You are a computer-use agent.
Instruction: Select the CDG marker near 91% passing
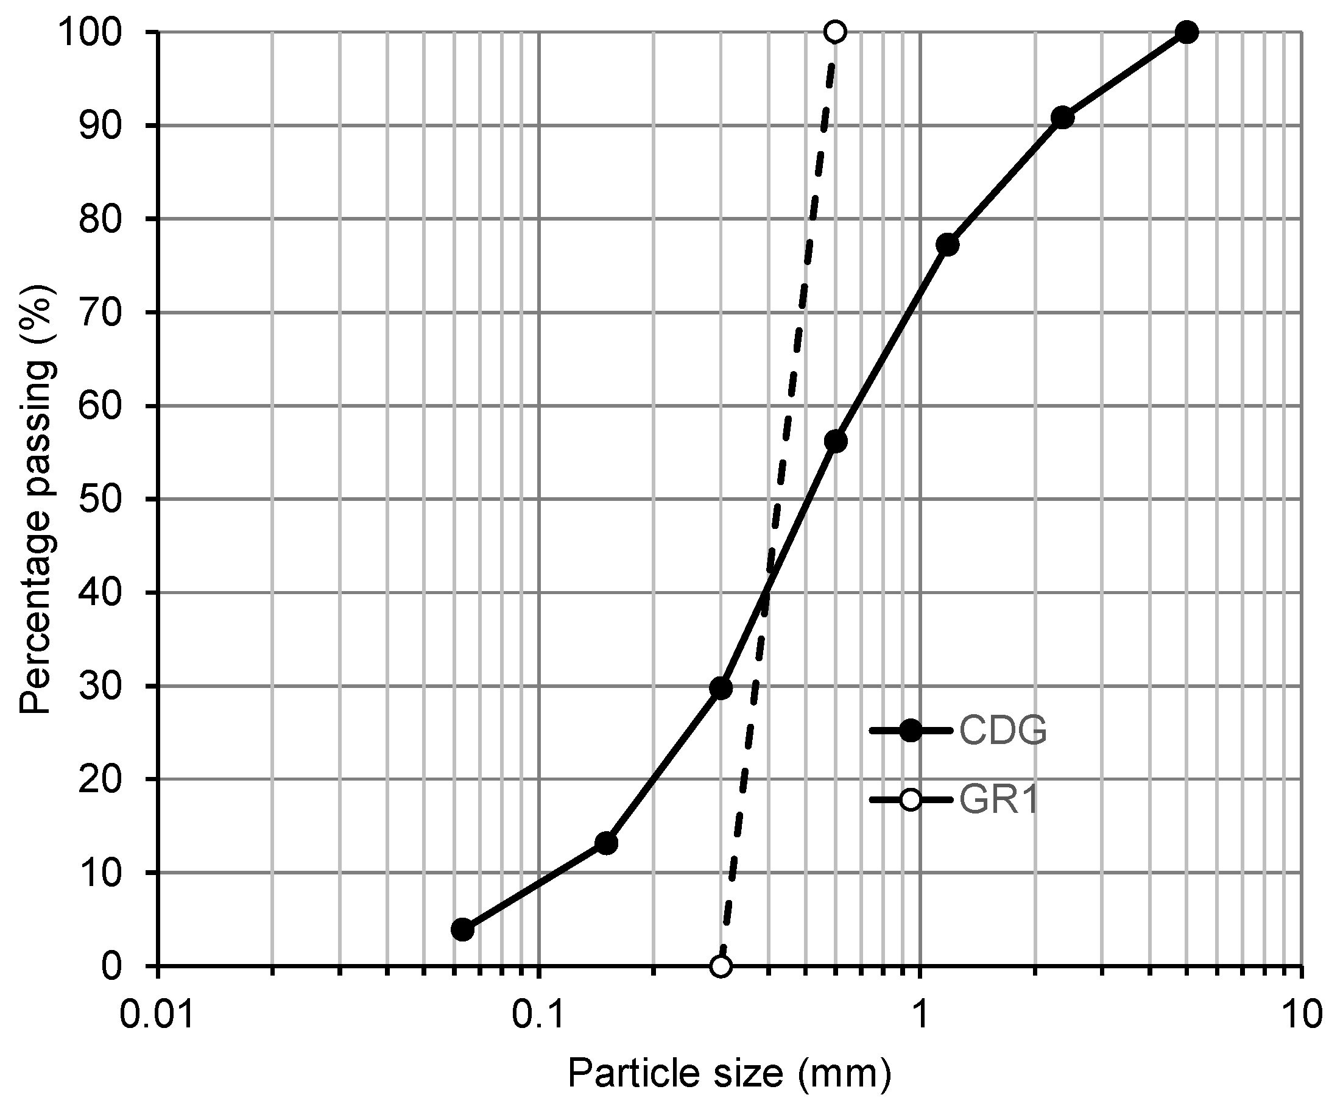[x=1063, y=118]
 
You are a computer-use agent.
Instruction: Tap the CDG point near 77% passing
[x=947, y=244]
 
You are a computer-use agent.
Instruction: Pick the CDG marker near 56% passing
[x=836, y=441]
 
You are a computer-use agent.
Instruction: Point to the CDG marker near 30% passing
[x=721, y=688]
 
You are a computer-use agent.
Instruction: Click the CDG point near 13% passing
[x=606, y=843]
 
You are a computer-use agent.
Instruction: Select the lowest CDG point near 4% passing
[x=463, y=930]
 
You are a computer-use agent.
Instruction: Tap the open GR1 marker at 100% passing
[x=836, y=32]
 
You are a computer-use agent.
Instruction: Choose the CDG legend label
[x=1003, y=731]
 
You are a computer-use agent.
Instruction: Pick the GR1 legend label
[x=999, y=800]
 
